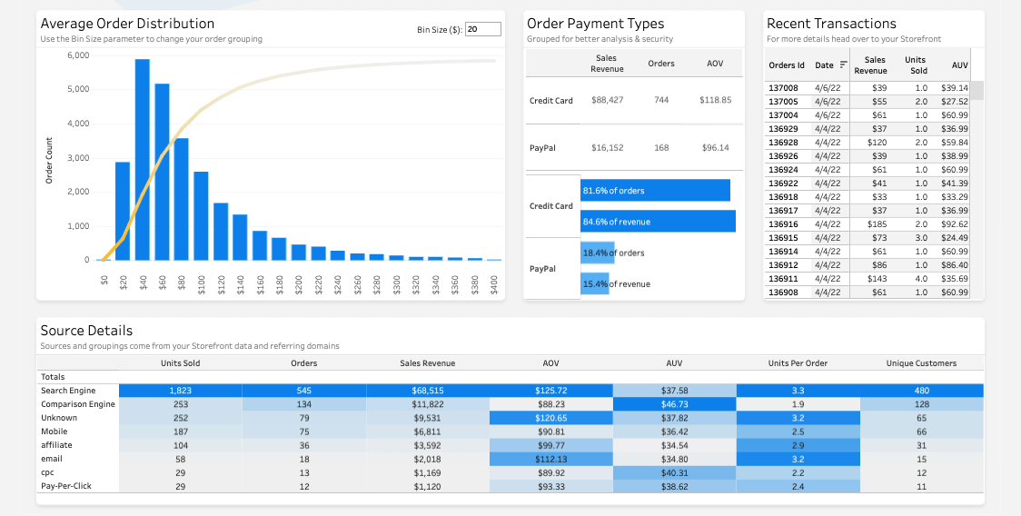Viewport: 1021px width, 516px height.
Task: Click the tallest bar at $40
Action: pyautogui.click(x=143, y=160)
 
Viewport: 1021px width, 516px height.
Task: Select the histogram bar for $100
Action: pyautogui.click(x=201, y=215)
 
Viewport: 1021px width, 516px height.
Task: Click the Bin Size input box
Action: pyautogui.click(x=482, y=29)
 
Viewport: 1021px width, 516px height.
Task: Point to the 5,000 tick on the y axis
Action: pyautogui.click(x=78, y=89)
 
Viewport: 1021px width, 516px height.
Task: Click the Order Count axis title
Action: pyautogui.click(x=49, y=161)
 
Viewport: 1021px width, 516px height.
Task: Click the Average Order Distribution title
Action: pyautogui.click(x=127, y=24)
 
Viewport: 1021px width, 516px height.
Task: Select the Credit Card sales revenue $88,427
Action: pyautogui.click(x=607, y=100)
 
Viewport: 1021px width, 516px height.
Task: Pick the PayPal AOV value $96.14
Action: pyautogui.click(x=715, y=147)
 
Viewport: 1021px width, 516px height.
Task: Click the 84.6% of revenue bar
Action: pyautogui.click(x=658, y=222)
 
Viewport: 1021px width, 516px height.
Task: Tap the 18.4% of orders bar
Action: pyautogui.click(x=598, y=253)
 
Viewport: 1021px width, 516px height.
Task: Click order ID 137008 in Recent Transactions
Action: pyautogui.click(x=783, y=88)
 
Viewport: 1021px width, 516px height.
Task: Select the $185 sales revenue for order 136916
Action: pyautogui.click(x=877, y=224)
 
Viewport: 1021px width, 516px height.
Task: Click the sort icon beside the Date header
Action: pyautogui.click(x=844, y=65)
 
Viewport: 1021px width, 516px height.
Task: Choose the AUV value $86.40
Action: pyautogui.click(x=955, y=265)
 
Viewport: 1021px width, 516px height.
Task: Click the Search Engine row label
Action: pyautogui.click(x=68, y=391)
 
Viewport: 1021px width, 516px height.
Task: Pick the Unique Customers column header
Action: pyautogui.click(x=921, y=363)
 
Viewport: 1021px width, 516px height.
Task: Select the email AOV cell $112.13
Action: pyautogui.click(x=550, y=459)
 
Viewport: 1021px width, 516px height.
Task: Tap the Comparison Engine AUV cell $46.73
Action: pyautogui.click(x=674, y=404)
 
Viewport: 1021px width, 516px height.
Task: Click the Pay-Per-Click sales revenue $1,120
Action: pyautogui.click(x=427, y=486)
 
